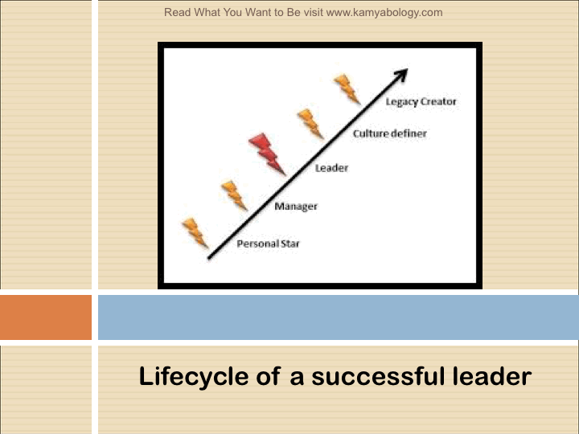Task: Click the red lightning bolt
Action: (x=267, y=154)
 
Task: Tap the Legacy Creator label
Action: (x=421, y=102)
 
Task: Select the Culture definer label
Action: (x=390, y=133)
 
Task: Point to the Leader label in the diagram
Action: (x=331, y=168)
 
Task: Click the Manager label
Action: (x=296, y=207)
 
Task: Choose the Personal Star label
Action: (x=268, y=244)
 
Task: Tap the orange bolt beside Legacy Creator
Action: (x=347, y=89)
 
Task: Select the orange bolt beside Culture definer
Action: (x=310, y=124)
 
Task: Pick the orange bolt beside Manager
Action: (x=235, y=195)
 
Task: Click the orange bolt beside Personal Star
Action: (x=195, y=233)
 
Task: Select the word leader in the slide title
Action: (x=492, y=376)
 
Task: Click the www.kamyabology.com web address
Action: (x=384, y=13)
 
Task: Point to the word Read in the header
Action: (x=177, y=12)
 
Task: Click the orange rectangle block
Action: (x=46, y=317)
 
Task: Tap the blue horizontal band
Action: (x=339, y=317)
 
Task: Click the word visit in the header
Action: (x=313, y=12)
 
